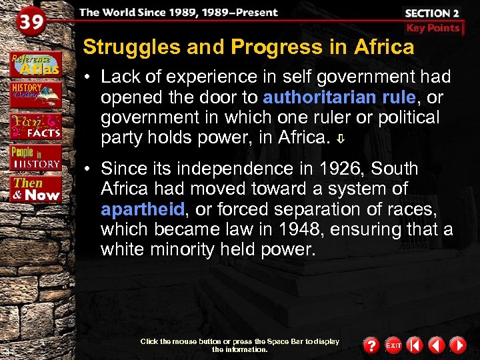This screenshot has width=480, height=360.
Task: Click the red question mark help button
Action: [371, 345]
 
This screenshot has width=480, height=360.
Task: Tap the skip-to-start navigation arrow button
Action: [415, 345]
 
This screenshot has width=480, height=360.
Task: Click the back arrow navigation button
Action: [436, 345]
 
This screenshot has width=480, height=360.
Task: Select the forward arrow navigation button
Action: [457, 345]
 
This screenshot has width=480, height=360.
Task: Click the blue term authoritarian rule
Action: [339, 97]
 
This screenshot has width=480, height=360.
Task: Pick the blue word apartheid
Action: [143, 209]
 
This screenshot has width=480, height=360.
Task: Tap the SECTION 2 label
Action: [432, 13]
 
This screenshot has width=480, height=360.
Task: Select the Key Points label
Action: [433, 28]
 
